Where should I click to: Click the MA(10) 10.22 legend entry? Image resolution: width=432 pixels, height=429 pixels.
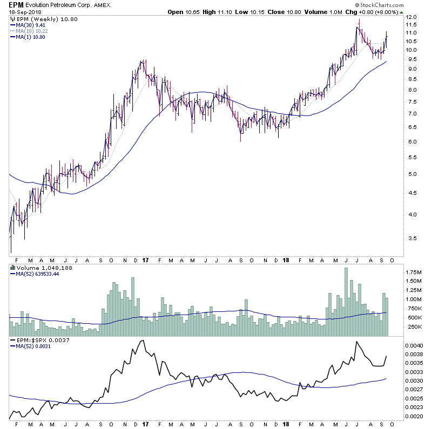[33, 31]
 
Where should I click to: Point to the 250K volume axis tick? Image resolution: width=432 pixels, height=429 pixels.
[414, 326]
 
